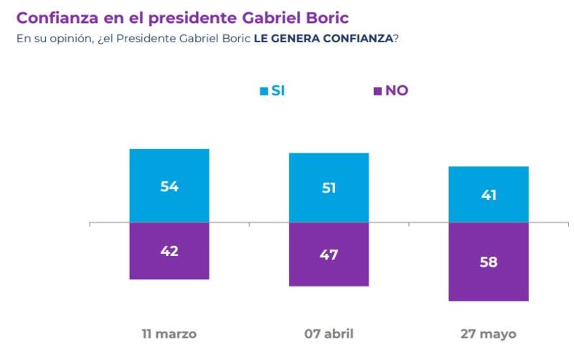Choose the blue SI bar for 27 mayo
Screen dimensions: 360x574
[488, 179]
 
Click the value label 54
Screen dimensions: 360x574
[169, 186]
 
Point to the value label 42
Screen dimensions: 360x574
[169, 251]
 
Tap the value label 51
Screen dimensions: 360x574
[329, 189]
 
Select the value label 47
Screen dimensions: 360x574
[329, 255]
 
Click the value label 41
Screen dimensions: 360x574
[488, 195]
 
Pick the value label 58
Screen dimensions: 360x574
[488, 262]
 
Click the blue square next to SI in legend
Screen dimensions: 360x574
[263, 90]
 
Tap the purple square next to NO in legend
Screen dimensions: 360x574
[377, 91]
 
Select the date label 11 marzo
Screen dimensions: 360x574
[169, 333]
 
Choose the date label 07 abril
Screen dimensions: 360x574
[329, 333]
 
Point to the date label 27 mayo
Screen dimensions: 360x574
[488, 333]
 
